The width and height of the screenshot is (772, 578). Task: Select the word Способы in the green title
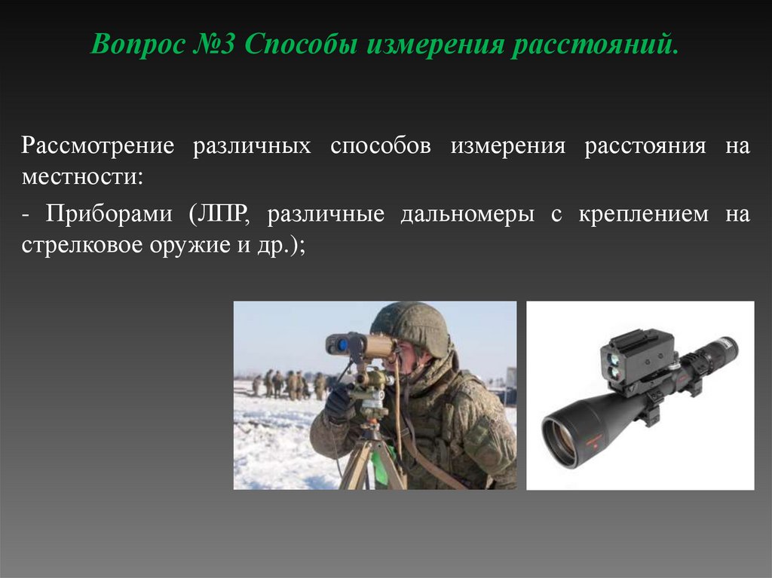click(x=301, y=47)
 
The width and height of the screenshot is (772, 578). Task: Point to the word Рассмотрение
click(x=98, y=145)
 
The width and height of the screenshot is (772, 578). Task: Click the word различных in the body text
click(x=251, y=145)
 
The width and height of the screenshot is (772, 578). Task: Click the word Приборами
click(x=109, y=214)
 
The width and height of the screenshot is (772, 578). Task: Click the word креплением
click(x=643, y=214)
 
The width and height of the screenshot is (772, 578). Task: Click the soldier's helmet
click(x=412, y=326)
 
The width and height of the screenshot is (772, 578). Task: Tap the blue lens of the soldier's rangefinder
click(x=341, y=344)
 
